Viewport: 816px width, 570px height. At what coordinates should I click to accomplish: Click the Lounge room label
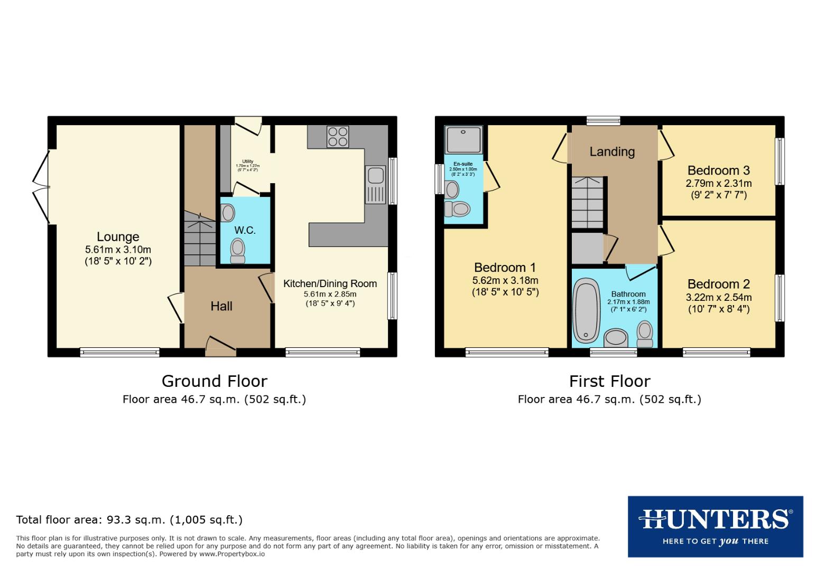[118, 237]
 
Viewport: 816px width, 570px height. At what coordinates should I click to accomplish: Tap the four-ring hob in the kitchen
[338, 137]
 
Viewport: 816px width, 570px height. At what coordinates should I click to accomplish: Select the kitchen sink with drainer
[376, 184]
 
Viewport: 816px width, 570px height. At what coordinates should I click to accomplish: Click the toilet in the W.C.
[238, 250]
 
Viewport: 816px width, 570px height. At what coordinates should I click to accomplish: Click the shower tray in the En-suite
[463, 139]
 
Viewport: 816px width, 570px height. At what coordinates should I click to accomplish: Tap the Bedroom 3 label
[718, 170]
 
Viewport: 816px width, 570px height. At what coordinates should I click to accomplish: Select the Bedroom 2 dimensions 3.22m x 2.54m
[718, 298]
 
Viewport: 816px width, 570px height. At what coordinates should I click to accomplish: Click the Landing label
[612, 152]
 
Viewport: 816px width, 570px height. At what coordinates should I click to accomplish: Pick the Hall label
[221, 306]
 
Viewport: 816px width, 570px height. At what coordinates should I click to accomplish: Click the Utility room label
[247, 161]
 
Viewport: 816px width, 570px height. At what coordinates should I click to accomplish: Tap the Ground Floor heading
[214, 381]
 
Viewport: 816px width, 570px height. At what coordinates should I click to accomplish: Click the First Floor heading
[609, 381]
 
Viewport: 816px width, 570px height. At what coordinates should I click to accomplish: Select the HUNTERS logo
[715, 526]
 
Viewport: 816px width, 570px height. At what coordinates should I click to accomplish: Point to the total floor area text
[129, 520]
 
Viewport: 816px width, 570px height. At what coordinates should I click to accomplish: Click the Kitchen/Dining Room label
[330, 284]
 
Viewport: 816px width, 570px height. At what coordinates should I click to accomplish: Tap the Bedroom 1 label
[505, 268]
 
